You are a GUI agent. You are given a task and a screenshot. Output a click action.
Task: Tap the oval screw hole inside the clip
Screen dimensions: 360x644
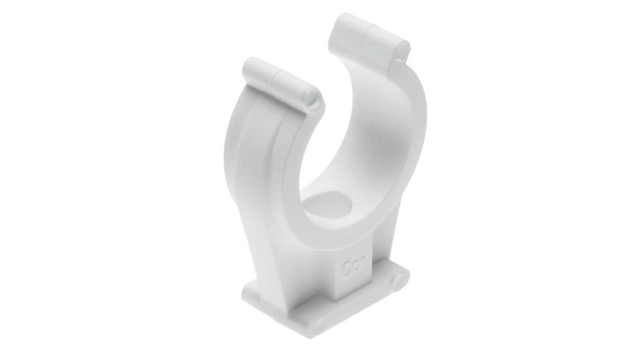click(x=329, y=206)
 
